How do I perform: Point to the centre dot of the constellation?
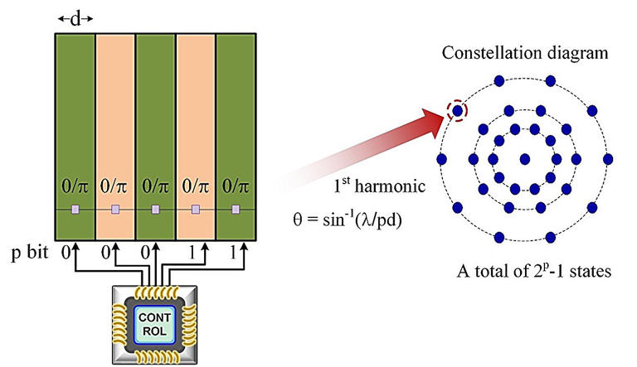[524, 158]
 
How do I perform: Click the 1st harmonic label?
[371, 188]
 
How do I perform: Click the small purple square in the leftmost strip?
[75, 208]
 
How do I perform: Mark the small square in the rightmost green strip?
[236, 208]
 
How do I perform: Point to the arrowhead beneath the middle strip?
[156, 241]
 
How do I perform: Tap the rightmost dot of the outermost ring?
[608, 158]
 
